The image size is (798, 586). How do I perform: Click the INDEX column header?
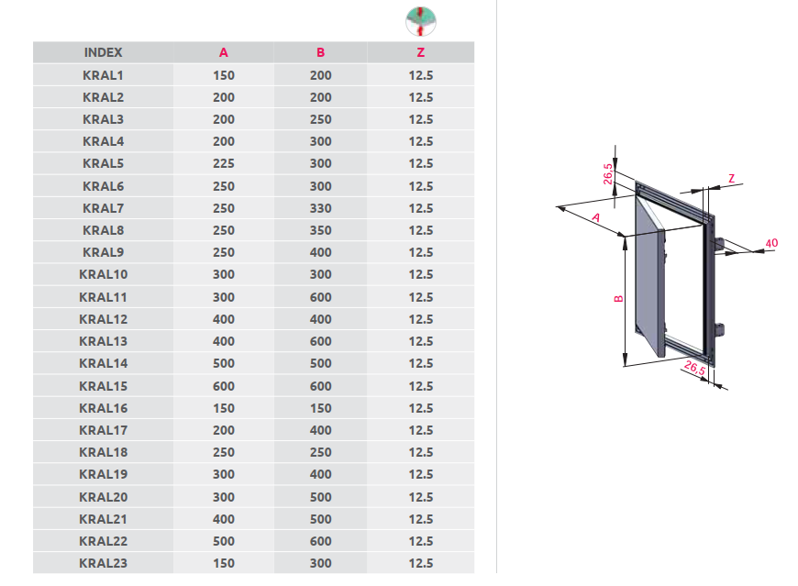103,52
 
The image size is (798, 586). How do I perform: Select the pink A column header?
224,52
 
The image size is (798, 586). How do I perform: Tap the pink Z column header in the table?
420,52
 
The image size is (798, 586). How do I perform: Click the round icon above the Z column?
421,21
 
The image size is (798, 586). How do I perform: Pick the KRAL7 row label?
103,208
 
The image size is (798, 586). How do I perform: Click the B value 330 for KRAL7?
321,208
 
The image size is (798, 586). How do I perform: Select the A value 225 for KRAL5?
224,163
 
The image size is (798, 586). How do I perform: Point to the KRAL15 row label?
103,386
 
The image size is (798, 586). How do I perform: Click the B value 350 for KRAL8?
321,230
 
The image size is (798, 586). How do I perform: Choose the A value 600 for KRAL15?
224,386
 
